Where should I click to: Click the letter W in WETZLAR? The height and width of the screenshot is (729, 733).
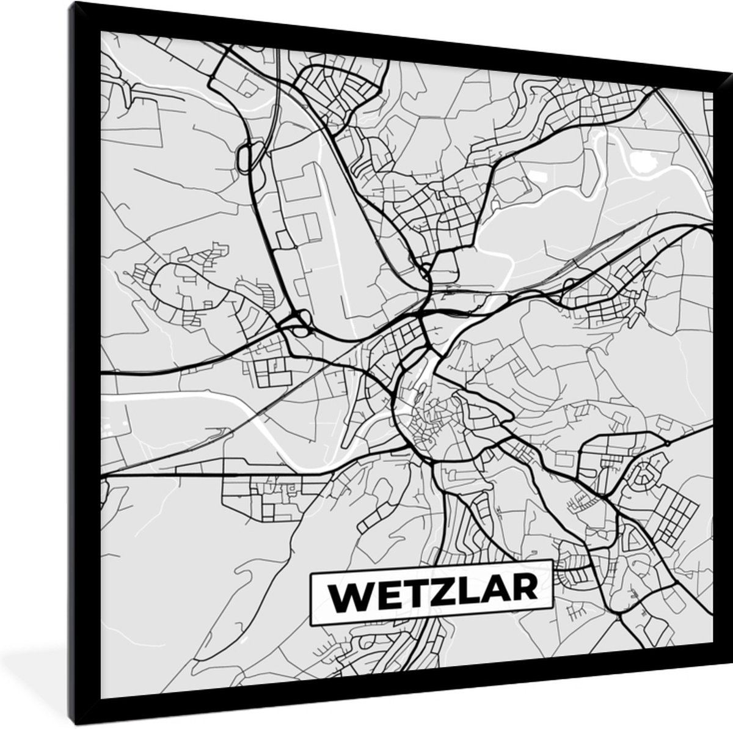(x=345, y=591)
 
